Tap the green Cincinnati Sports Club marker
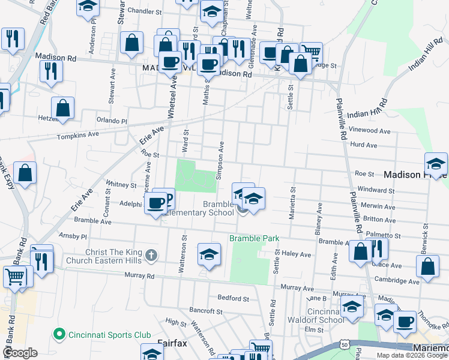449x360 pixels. click(x=59, y=334)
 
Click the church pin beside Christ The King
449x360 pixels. click(x=151, y=256)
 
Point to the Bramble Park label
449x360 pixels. click(x=255, y=238)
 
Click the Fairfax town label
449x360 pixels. click(x=174, y=343)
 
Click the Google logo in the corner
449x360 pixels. click(x=19, y=352)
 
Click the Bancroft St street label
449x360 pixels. click(x=206, y=311)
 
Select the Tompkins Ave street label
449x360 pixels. click(x=77, y=136)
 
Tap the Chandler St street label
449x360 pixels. click(x=144, y=11)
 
